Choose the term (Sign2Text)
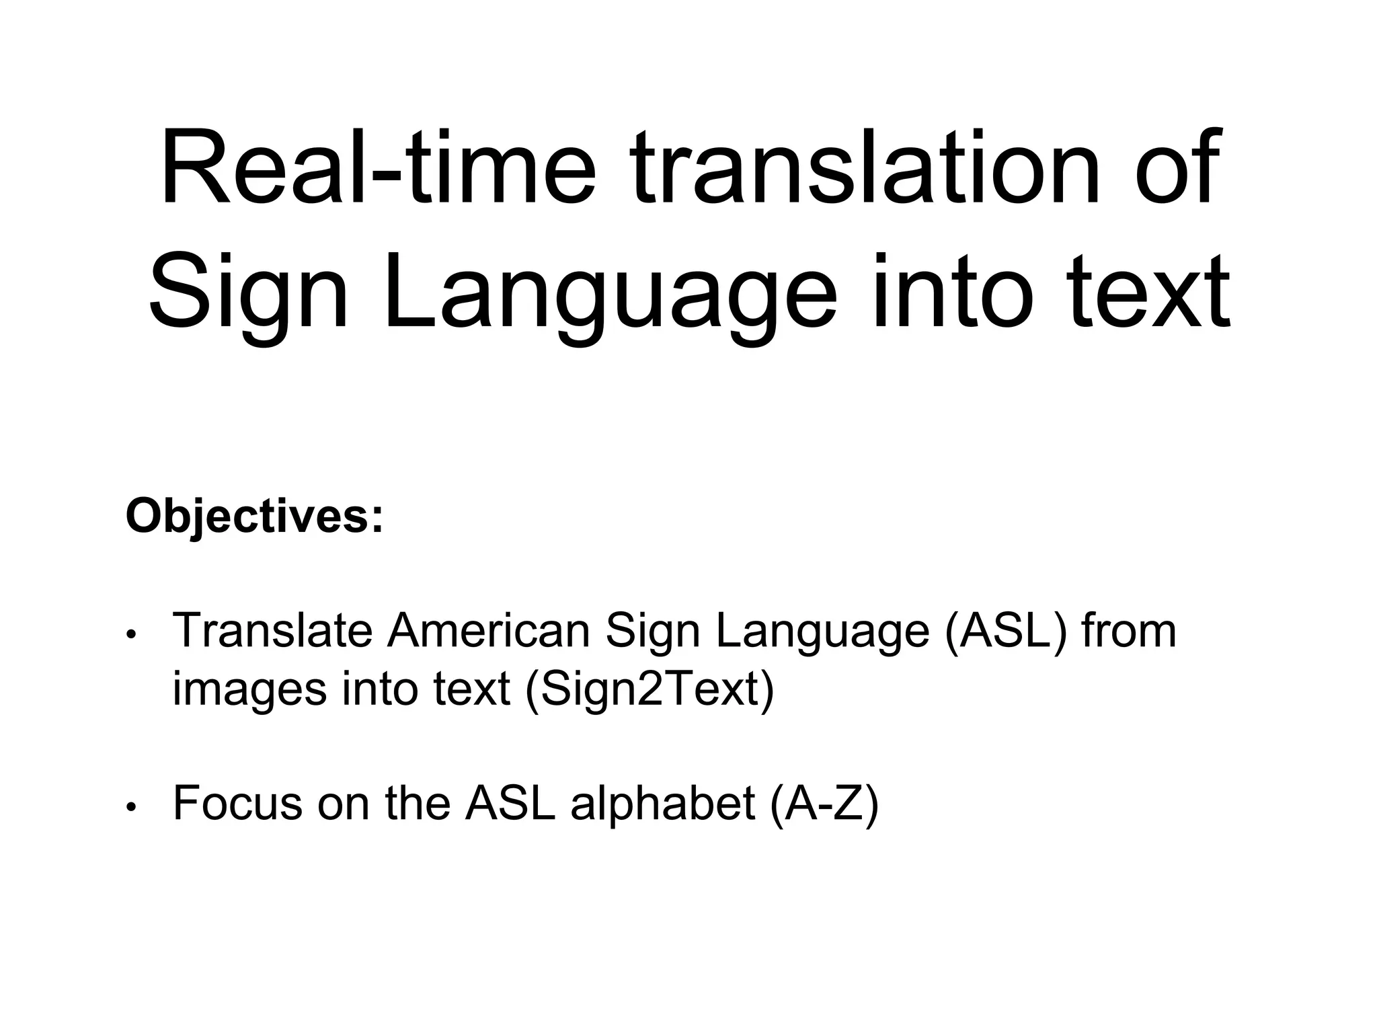(650, 690)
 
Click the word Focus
(237, 803)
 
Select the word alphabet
(663, 803)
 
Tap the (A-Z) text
(824, 803)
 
